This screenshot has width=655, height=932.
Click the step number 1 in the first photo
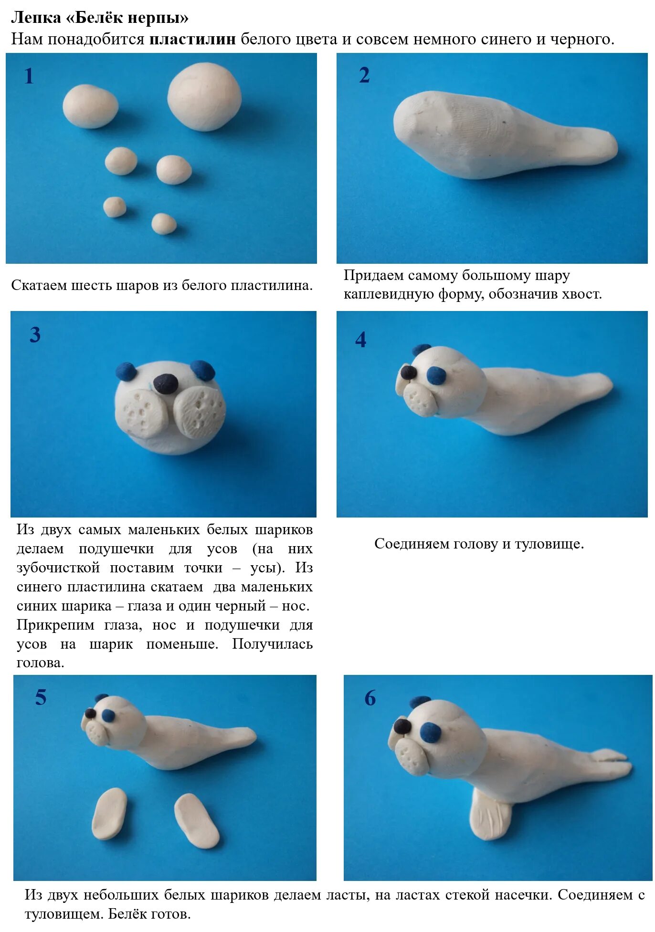(29, 76)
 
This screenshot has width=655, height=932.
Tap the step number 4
(361, 340)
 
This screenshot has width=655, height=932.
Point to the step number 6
(370, 698)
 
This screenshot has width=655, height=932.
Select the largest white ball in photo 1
(204, 97)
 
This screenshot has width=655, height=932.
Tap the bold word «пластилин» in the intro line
(192, 39)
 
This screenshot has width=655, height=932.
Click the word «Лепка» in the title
(36, 18)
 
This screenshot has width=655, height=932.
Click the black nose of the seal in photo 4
(408, 372)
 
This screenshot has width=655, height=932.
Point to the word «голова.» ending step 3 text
(40, 663)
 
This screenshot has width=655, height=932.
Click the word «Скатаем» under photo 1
(39, 285)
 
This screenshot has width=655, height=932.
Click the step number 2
(364, 75)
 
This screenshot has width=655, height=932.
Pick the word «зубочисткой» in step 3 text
(58, 568)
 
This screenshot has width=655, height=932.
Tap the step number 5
(41, 697)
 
